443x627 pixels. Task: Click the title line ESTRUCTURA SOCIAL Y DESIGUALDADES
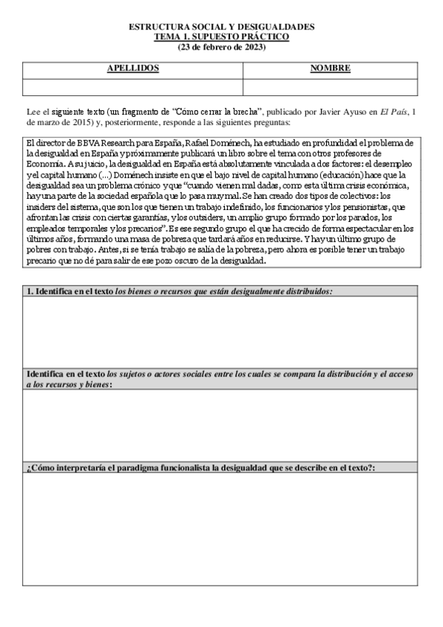pos(221,27)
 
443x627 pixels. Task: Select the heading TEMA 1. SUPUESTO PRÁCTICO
pos(221,36)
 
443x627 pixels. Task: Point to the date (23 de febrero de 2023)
pos(221,47)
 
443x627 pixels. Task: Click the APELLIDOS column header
pos(132,69)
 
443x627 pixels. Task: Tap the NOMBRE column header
pos(330,69)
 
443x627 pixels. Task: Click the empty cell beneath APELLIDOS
pos(132,87)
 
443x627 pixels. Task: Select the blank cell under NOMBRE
pos(330,87)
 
